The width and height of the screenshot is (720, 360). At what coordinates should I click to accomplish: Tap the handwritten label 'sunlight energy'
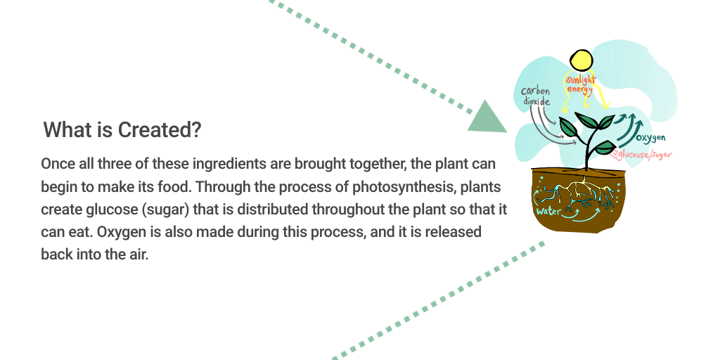[580, 85]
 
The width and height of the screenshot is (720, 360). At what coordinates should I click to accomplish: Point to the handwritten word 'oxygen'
[650, 138]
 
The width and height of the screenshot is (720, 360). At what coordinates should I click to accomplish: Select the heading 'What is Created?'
[122, 129]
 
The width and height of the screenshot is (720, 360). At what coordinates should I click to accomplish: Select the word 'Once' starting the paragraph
[58, 164]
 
